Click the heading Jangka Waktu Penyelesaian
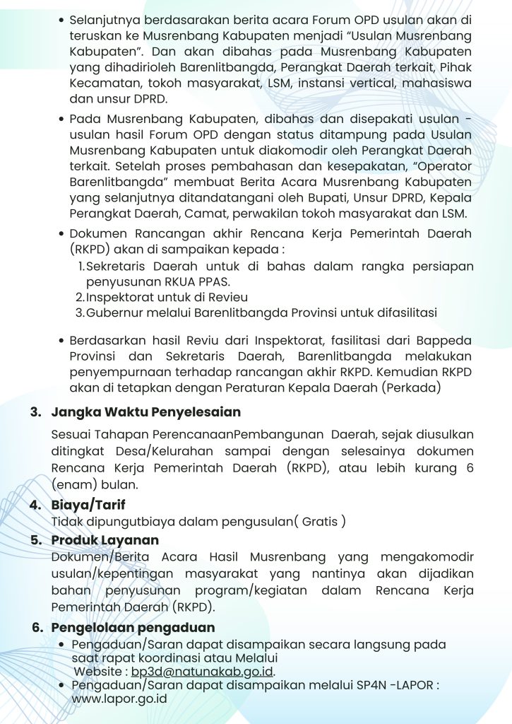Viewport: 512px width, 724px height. pos(146,411)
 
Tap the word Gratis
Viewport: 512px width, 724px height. pos(320,522)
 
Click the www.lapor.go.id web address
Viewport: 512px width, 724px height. pos(119,699)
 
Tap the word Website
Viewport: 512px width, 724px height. pos(97,672)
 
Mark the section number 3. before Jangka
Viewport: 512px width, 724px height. pos(35,411)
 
